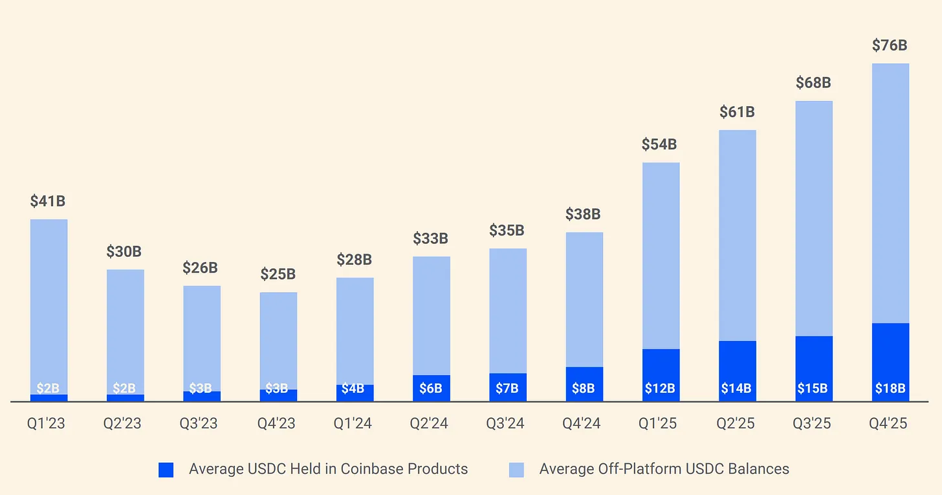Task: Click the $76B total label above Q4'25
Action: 890,45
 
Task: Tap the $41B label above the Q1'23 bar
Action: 48,201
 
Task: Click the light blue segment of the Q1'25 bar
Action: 661,256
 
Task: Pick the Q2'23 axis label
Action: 124,424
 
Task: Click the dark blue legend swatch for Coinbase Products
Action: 166,470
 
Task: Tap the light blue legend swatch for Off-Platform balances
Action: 517,470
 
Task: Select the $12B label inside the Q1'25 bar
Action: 661,388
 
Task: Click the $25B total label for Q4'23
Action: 278,274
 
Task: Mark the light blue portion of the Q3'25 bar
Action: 813,218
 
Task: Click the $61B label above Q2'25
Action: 737,112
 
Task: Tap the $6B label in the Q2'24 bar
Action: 430,388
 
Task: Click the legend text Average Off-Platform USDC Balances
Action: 664,469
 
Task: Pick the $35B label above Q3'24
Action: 507,230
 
